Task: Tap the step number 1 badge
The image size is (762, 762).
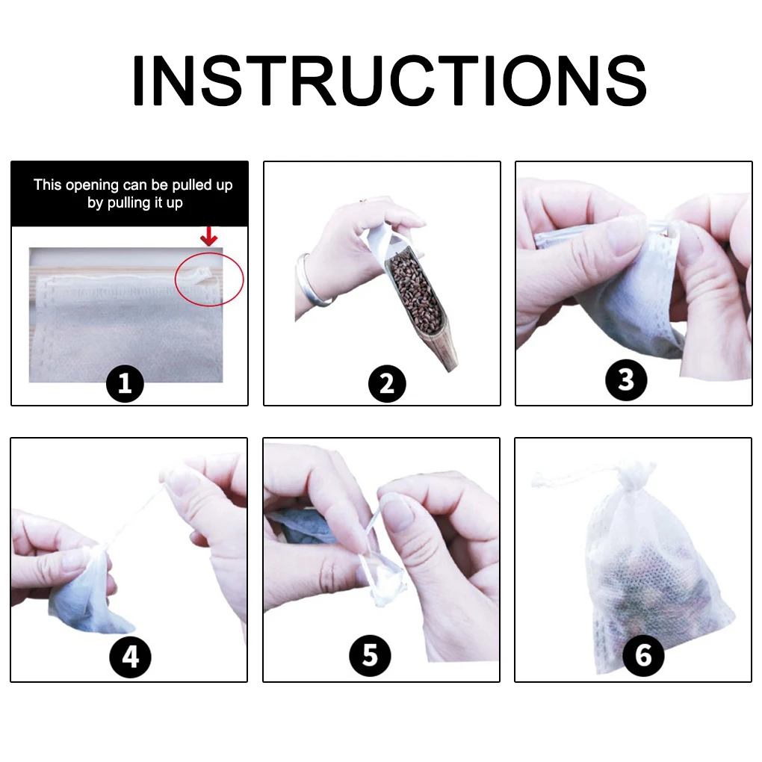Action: (125, 384)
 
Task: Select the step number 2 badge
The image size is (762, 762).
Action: (386, 384)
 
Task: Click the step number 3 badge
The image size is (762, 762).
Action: (625, 380)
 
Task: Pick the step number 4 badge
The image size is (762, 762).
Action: (130, 657)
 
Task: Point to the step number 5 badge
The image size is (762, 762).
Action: (370, 656)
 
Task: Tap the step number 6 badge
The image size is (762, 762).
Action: (642, 655)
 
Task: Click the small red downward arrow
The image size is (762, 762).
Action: (209, 238)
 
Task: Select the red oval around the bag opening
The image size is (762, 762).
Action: (209, 279)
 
